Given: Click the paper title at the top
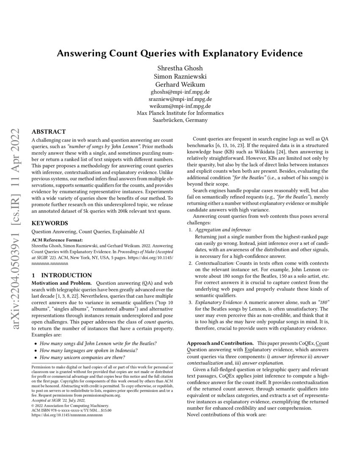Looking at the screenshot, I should click(x=180, y=53).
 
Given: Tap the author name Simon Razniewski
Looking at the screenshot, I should click(x=180, y=77).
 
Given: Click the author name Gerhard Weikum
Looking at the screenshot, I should click(x=180, y=84).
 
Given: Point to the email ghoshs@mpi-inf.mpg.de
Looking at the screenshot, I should click(x=180, y=92).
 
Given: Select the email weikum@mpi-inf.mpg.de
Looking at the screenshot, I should click(x=180, y=106).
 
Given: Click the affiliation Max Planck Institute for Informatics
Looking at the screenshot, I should click(x=180, y=113).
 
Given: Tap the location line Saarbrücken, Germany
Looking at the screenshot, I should click(x=180, y=120).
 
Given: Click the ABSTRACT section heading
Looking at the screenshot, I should click(x=49, y=132).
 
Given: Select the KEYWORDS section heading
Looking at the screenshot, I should click(x=50, y=223).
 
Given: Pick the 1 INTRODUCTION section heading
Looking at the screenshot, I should click(x=62, y=275).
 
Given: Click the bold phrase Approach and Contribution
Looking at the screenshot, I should click(x=220, y=342).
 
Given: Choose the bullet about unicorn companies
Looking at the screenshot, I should click(x=82, y=357).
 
